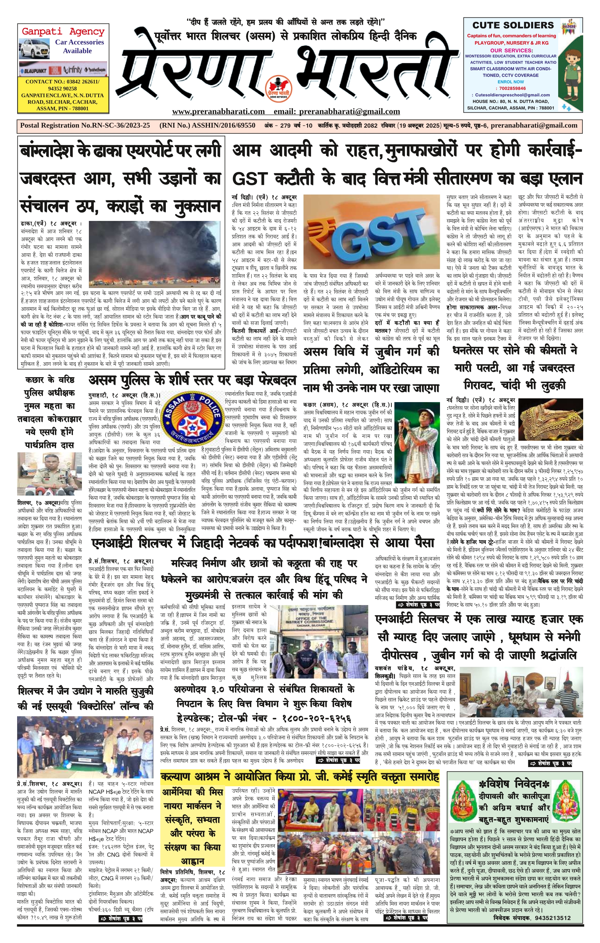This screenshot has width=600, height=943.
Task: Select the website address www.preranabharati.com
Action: pos(218,111)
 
